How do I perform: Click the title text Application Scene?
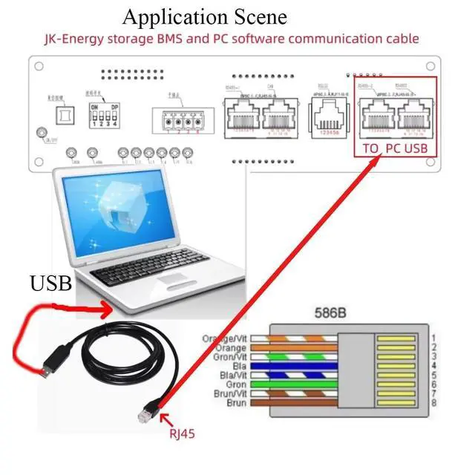(x=204, y=16)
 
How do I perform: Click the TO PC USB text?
(x=396, y=148)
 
